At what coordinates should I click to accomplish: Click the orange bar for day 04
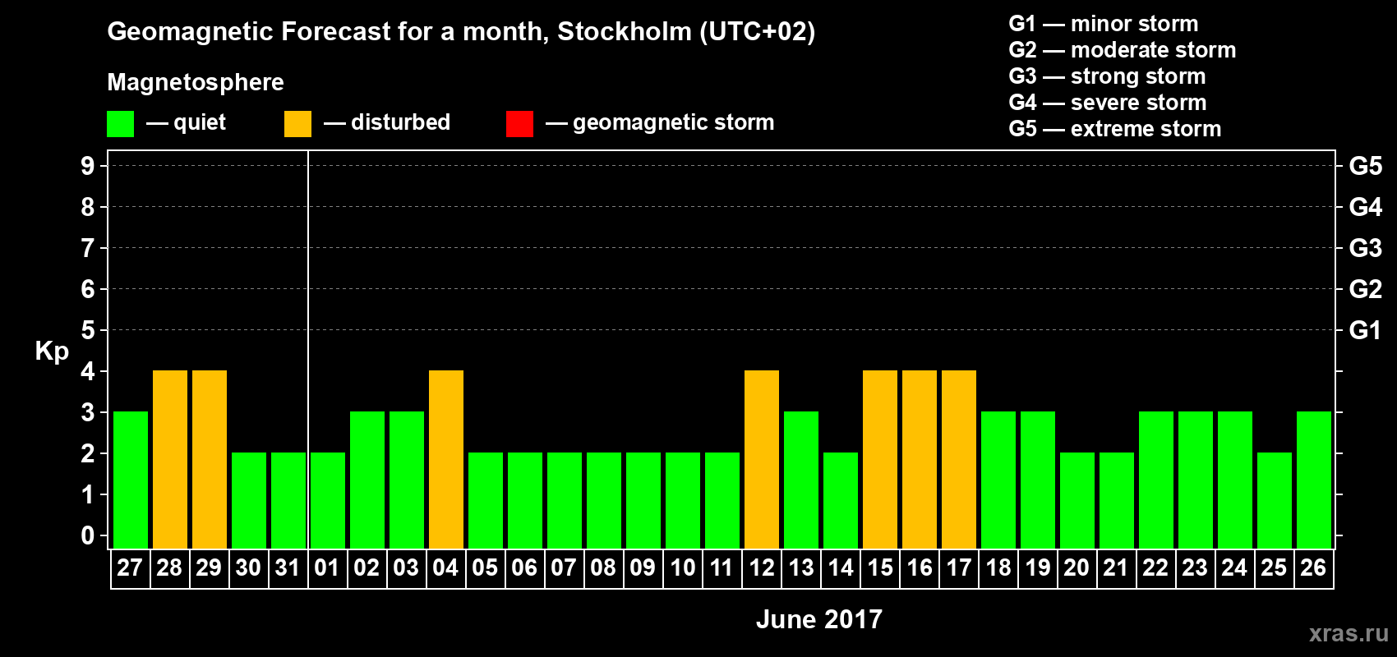coord(445,459)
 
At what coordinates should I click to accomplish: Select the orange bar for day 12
coord(761,459)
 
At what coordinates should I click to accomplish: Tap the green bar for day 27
coord(130,480)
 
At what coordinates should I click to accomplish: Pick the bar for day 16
coord(919,459)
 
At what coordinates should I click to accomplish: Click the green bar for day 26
coord(1313,480)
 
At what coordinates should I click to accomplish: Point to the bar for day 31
coord(288,500)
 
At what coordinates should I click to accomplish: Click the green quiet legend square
coord(120,124)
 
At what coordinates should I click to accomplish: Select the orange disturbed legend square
coord(297,124)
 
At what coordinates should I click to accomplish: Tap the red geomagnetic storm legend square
coord(519,124)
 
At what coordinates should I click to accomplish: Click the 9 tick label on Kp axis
coord(87,166)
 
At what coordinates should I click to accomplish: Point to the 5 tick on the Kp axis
coord(87,330)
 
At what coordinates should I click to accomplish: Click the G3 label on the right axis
coord(1365,248)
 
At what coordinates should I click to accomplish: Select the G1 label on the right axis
coord(1365,330)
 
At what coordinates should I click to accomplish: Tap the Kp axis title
coord(52,351)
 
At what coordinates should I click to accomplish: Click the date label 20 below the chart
coord(1077,567)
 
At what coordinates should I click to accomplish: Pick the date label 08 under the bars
coord(603,567)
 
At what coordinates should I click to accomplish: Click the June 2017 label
coord(818,619)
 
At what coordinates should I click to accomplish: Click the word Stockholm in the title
coord(624,32)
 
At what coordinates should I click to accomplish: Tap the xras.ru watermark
coord(1348,633)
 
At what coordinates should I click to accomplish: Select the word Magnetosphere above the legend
coord(196,82)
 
